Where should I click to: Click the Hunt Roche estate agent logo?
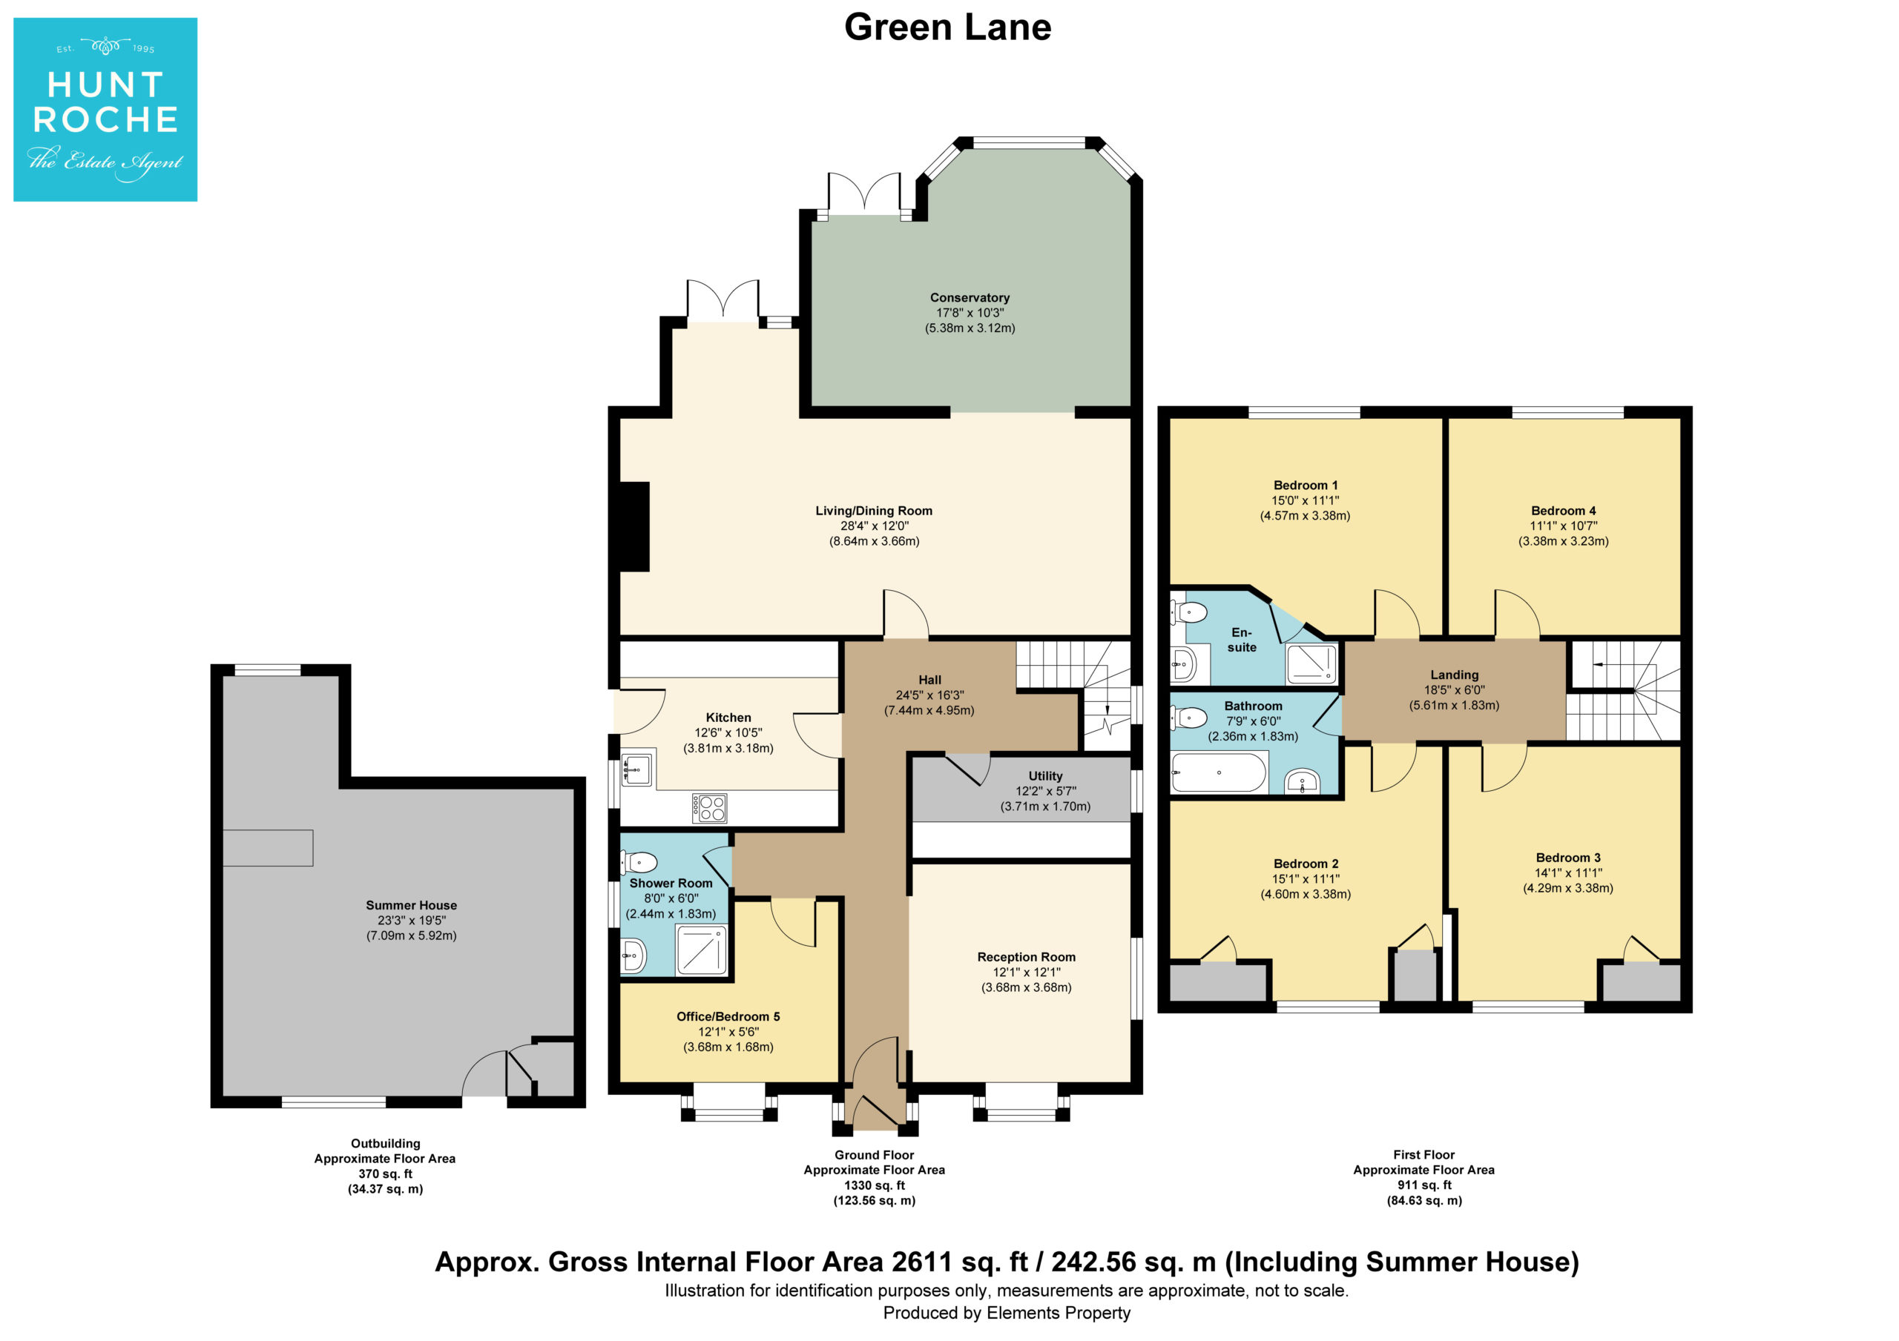[x=105, y=109]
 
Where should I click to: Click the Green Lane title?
[x=948, y=27]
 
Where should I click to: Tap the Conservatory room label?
[x=970, y=298]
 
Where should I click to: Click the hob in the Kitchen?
[x=710, y=808]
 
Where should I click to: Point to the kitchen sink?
[x=635, y=769]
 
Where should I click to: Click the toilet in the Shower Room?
[x=639, y=863]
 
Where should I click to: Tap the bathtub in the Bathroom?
[x=1219, y=772]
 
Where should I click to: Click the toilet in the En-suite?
[x=1189, y=612]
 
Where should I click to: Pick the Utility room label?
[x=1045, y=776]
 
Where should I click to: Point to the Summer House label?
[x=411, y=905]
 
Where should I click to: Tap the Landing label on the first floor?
[x=1454, y=675]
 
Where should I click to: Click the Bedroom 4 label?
[x=1563, y=511]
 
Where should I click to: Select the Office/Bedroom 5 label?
[x=728, y=1016]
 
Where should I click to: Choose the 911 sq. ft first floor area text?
[x=1424, y=1185]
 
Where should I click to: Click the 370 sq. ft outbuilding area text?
[x=384, y=1174]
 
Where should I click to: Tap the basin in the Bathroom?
[x=1303, y=781]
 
